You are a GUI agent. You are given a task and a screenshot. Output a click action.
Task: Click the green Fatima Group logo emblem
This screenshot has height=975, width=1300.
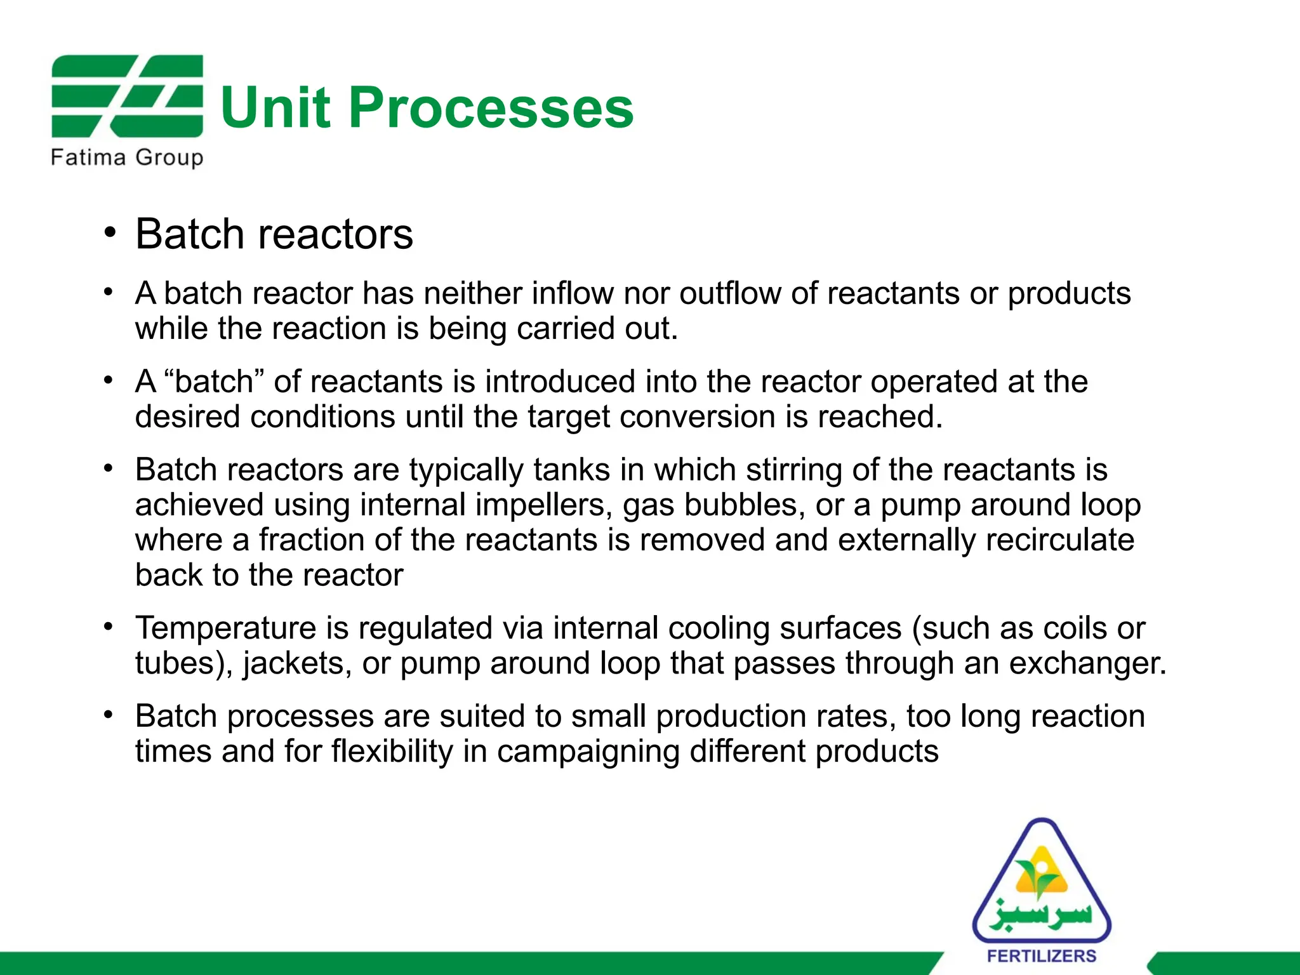(127, 96)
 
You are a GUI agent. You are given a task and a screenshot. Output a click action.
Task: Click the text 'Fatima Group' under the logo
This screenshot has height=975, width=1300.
(127, 157)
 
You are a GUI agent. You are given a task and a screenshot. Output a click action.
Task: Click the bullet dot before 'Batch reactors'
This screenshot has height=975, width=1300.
(110, 233)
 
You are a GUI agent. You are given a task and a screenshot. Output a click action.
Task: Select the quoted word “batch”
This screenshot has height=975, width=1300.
(214, 381)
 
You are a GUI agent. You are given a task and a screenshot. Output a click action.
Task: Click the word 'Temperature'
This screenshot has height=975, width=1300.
(225, 628)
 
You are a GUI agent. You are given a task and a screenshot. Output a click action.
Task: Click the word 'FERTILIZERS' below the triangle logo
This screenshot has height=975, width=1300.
(1042, 956)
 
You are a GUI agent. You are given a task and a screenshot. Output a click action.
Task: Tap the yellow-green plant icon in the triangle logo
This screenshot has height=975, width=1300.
(1042, 879)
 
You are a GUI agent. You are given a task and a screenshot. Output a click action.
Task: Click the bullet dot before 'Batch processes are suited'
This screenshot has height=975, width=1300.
(110, 715)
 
